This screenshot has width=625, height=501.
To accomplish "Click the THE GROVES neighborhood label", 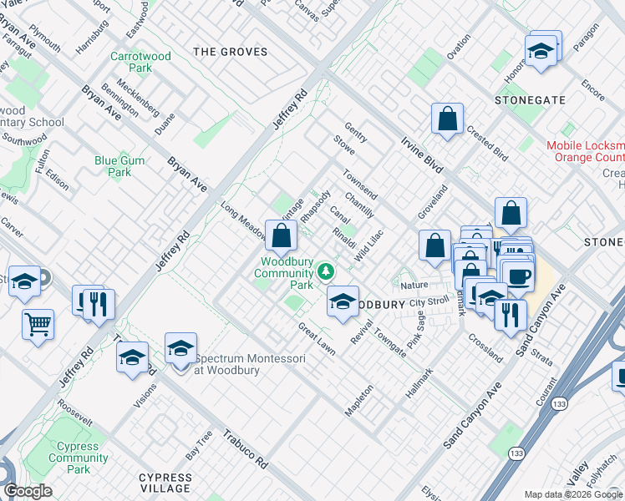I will click(231, 52).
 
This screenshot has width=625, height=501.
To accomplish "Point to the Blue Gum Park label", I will click(119, 167).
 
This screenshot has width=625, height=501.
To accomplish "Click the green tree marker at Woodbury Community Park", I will click(327, 271).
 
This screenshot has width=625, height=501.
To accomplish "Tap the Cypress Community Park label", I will click(79, 458).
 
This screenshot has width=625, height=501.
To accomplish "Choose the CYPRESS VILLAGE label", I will click(165, 484).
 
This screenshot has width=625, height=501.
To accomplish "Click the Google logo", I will click(28, 491).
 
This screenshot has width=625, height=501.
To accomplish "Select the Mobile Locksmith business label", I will click(586, 151).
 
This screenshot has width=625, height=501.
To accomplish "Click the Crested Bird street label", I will click(487, 143).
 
